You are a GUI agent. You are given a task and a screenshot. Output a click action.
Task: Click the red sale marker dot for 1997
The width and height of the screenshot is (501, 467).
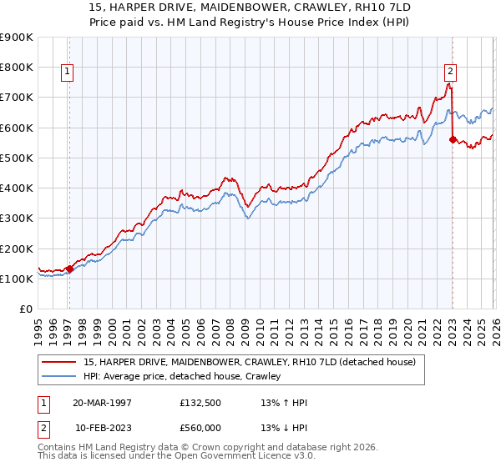click(x=69, y=269)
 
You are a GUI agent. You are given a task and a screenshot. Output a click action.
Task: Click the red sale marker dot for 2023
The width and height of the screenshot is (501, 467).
click(x=452, y=140)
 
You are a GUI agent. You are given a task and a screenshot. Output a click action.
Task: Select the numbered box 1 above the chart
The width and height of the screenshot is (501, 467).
click(x=66, y=73)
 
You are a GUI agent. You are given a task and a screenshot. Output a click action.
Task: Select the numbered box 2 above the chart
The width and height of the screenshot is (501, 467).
click(x=450, y=73)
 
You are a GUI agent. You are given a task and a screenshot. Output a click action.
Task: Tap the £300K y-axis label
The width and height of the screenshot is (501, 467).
click(x=17, y=218)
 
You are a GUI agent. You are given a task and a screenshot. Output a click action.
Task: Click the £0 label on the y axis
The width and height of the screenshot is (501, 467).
click(x=24, y=309)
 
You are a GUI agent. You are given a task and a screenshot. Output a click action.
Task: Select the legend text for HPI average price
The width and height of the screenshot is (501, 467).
click(x=182, y=377)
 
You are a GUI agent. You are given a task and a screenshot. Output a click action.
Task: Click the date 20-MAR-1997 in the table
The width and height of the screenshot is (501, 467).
click(x=102, y=403)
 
